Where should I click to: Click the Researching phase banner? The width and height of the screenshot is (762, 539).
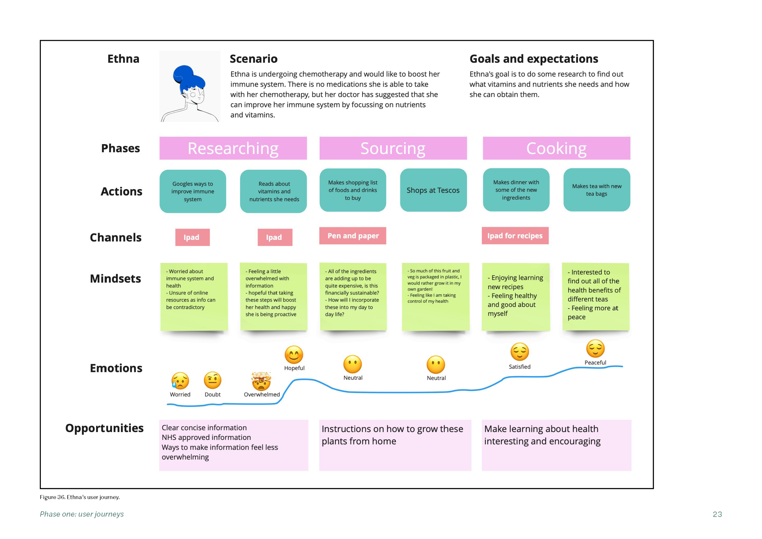233,148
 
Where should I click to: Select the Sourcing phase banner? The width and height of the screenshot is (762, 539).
393,148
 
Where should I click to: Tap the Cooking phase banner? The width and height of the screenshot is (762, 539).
556,148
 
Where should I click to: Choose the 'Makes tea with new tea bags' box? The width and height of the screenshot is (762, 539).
596,190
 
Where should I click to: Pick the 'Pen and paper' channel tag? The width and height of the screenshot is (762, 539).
353,236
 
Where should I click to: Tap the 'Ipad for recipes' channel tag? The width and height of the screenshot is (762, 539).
515,236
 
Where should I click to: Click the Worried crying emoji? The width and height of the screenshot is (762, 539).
180,380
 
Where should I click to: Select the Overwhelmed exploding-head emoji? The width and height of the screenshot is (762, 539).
261,381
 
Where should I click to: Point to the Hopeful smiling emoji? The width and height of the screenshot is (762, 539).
294,354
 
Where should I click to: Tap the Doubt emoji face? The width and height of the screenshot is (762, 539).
212,380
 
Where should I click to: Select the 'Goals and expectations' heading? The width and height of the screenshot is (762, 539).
534,59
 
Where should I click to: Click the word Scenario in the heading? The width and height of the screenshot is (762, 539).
253,59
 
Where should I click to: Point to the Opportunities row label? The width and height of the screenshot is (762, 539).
104,428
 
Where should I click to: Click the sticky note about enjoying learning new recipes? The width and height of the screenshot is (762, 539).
516,297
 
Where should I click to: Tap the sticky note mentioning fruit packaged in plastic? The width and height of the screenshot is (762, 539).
435,297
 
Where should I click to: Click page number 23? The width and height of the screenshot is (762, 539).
717,514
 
